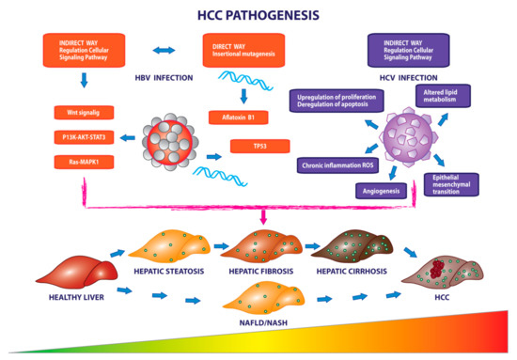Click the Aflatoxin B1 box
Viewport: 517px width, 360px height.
pyautogui.click(x=241, y=119)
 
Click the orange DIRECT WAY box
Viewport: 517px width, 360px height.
pyautogui.click(x=239, y=49)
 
